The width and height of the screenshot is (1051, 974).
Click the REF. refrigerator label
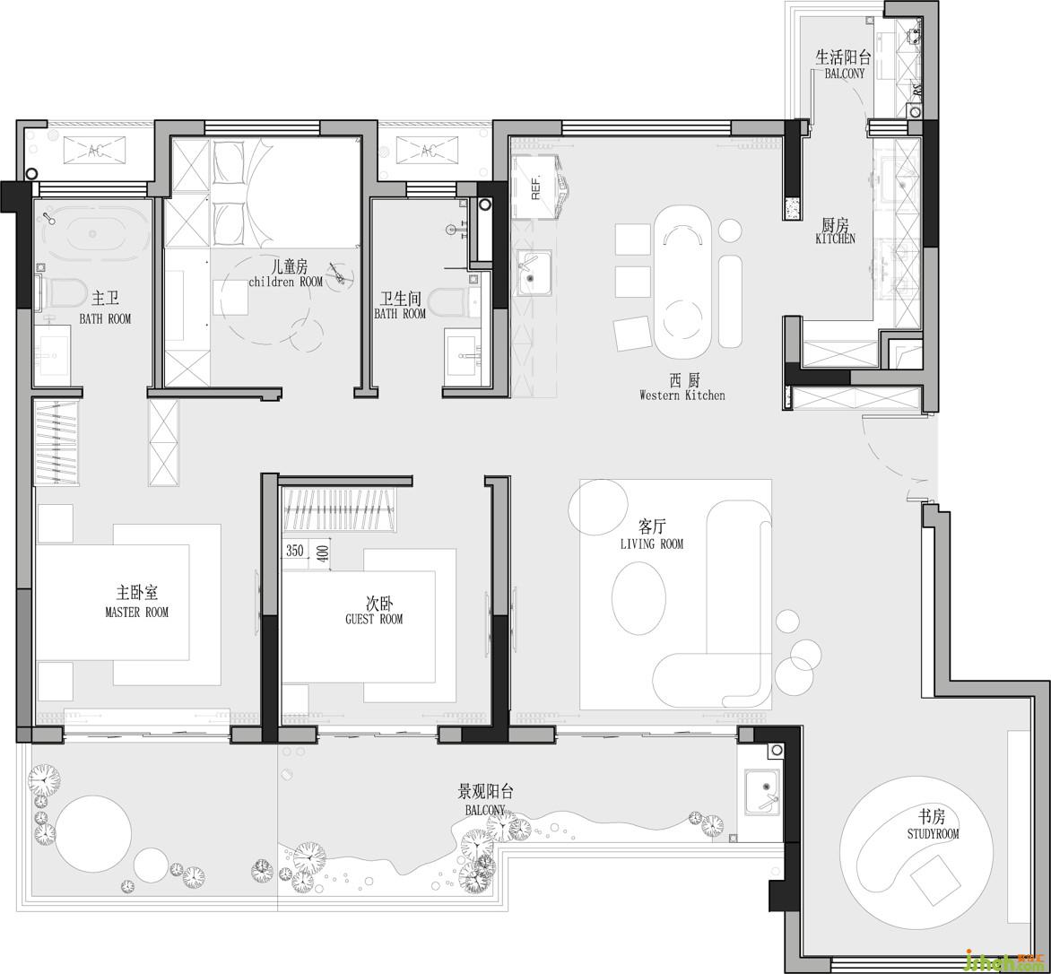click(x=534, y=187)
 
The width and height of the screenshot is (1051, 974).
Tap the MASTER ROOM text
click(x=136, y=612)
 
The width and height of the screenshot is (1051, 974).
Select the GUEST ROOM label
click(x=374, y=619)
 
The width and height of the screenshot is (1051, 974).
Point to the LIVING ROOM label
click(x=652, y=544)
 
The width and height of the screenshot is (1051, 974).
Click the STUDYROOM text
click(x=933, y=834)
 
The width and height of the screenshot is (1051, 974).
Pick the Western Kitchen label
click(x=682, y=395)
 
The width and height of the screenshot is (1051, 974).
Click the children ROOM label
click(x=285, y=282)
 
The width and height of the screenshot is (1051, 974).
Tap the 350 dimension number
click(x=295, y=551)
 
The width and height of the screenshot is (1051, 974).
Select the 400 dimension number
click(x=323, y=553)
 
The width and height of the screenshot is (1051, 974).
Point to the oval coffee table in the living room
click(x=638, y=598)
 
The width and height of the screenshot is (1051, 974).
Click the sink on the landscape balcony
click(x=763, y=792)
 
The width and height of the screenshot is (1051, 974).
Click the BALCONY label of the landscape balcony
click(x=485, y=810)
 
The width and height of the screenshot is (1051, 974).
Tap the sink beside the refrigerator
click(x=534, y=272)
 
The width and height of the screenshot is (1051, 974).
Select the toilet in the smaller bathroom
click(x=447, y=303)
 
